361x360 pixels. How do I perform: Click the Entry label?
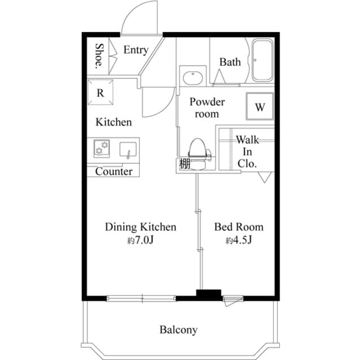click(x=135, y=50)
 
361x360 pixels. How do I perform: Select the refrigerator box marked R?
click(x=100, y=94)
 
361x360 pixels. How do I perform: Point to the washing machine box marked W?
click(x=259, y=106)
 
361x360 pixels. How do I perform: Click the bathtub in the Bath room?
click(x=262, y=61)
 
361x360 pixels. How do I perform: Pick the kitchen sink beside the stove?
click(x=128, y=150)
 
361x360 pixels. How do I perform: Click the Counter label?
click(x=113, y=171)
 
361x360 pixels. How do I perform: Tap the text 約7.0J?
click(x=140, y=241)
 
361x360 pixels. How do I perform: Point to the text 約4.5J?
click(x=238, y=241)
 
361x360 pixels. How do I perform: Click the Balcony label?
click(x=178, y=330)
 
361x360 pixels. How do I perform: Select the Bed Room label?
click(x=239, y=227)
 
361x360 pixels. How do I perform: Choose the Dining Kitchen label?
click(x=140, y=227)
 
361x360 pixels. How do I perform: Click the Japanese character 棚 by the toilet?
click(x=183, y=165)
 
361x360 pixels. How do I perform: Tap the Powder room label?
click(x=206, y=108)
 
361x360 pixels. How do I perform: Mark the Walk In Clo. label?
click(x=247, y=152)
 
